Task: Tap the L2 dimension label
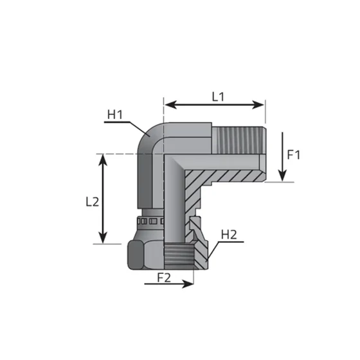click(92, 201)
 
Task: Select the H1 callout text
click(115, 115)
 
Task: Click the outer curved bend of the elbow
click(146, 134)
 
